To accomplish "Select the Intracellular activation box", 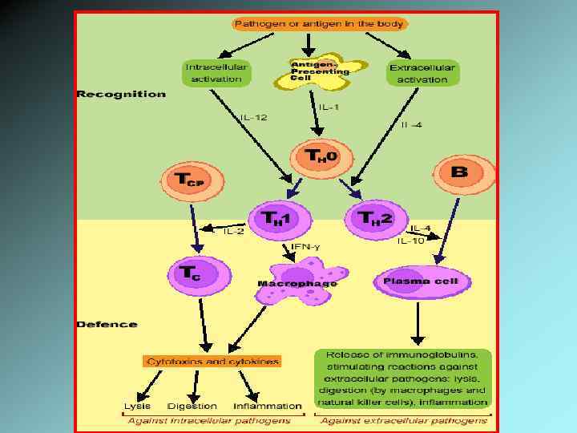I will (216, 73).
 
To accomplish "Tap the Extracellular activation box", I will (422, 73).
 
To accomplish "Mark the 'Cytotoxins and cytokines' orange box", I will (212, 362).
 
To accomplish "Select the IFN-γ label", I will (305, 246).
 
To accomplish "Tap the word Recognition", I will (121, 94).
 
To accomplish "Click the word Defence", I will (107, 325).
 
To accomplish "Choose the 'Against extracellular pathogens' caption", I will (404, 420).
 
